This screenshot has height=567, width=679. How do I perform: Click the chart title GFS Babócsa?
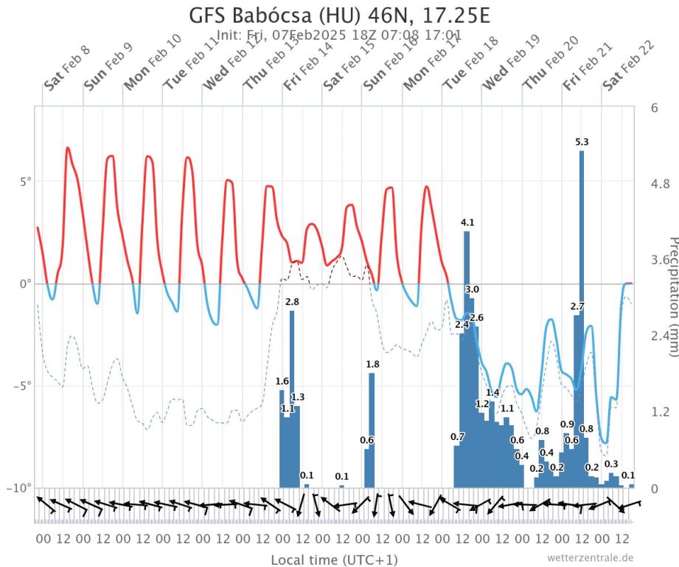[x=339, y=16]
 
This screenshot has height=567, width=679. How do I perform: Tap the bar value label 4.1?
[x=467, y=222]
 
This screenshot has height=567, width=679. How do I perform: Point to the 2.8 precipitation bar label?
[x=292, y=302]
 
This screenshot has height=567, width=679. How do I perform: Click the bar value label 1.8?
[x=372, y=364]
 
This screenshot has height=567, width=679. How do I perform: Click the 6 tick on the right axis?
[x=655, y=107]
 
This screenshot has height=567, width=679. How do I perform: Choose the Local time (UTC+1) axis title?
[x=334, y=559]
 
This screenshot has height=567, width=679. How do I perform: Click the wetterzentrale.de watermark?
[x=590, y=557]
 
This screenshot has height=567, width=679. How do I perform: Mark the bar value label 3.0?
[x=472, y=289]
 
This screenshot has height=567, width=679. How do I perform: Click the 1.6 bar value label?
[x=282, y=381]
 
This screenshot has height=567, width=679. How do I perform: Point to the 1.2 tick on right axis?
[x=658, y=411]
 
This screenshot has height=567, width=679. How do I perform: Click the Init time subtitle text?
[x=339, y=35]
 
